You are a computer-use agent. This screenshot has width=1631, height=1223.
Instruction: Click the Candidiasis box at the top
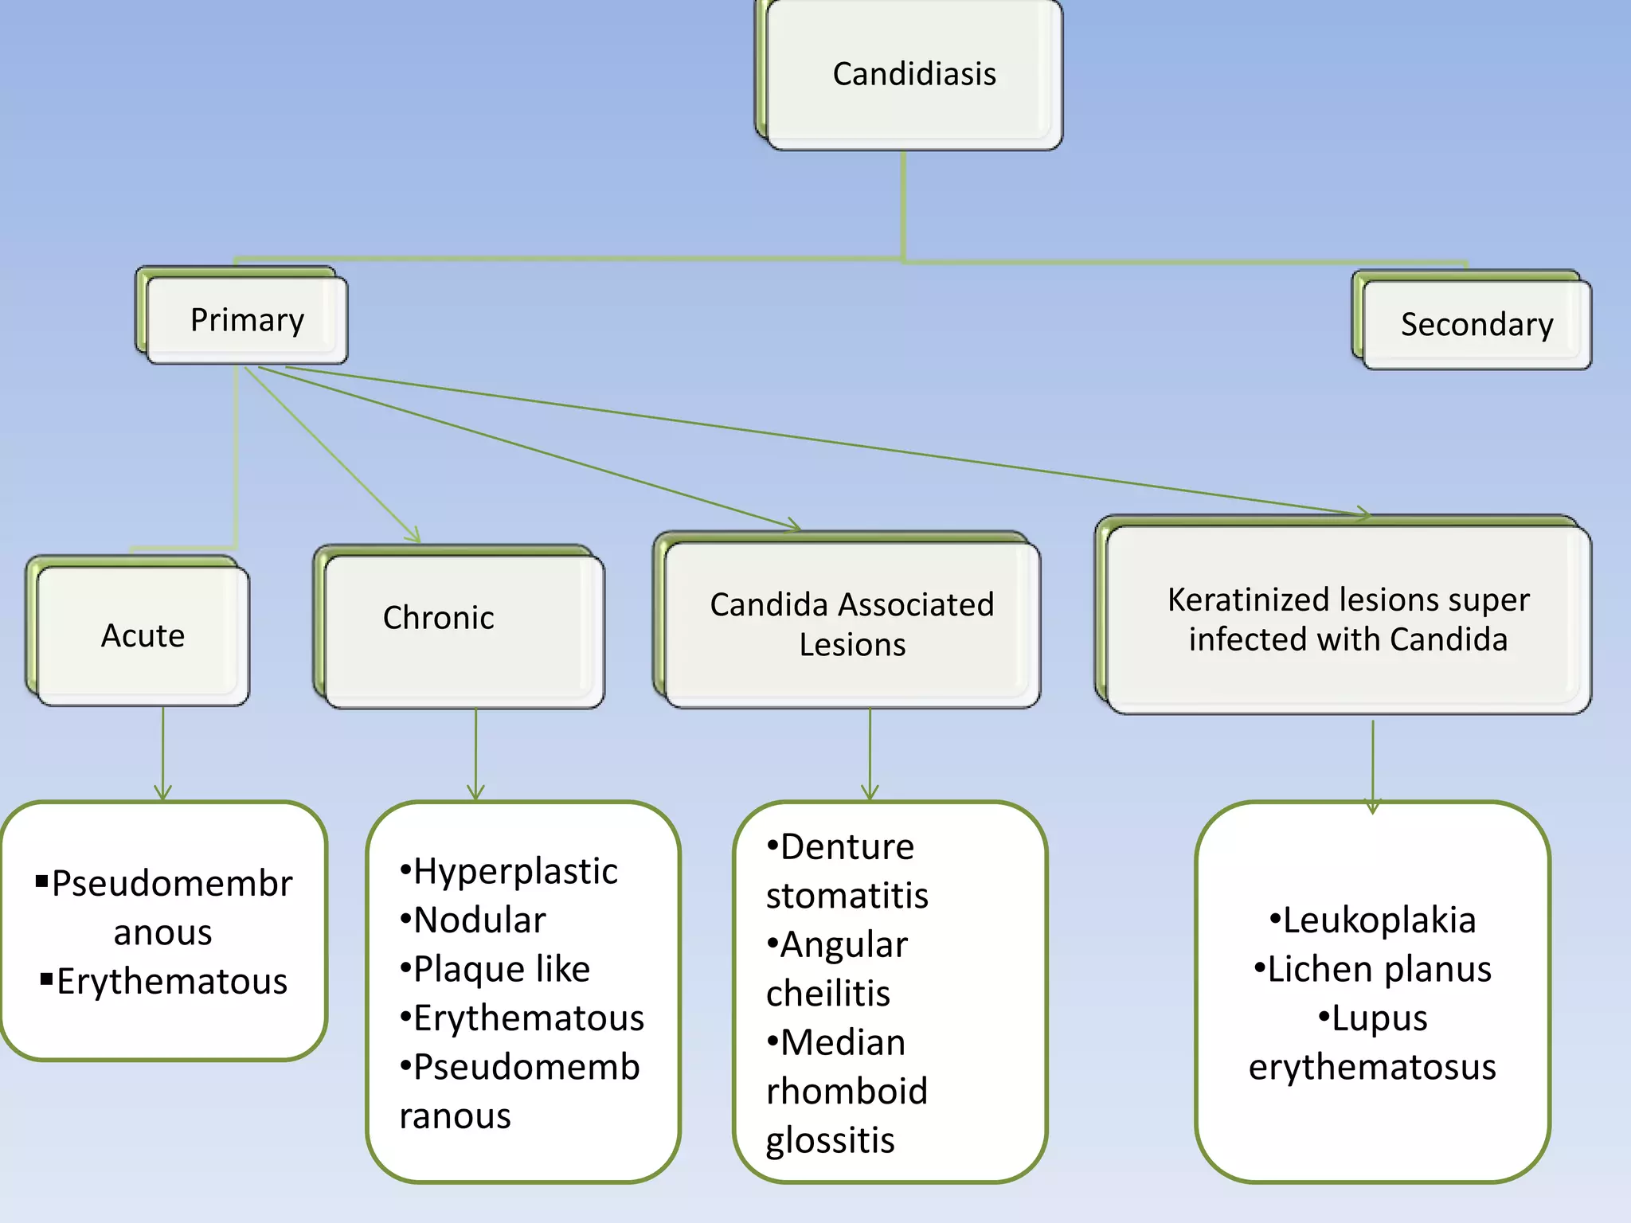[913, 74]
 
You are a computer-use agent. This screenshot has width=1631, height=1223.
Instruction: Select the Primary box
[247, 320]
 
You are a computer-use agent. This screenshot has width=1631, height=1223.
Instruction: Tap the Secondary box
[1477, 324]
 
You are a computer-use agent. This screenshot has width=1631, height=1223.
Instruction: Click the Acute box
[143, 635]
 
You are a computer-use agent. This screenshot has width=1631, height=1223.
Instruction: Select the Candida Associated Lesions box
[852, 624]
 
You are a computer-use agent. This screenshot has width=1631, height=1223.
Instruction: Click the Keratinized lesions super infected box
[1347, 619]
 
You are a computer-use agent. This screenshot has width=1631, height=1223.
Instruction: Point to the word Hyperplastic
[515, 871]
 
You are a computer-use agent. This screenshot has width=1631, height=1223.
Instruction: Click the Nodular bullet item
[479, 920]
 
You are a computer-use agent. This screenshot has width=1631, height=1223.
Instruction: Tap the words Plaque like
[502, 969]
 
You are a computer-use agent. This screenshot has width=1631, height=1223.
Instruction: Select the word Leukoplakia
[1379, 920]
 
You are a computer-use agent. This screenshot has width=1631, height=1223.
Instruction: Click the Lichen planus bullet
[1379, 969]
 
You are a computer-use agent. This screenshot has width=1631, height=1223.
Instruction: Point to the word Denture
[847, 846]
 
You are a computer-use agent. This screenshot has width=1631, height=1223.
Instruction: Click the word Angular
[843, 945]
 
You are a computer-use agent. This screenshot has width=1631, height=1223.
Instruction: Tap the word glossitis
[830, 1140]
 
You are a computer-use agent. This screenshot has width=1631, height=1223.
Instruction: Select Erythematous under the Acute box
[171, 981]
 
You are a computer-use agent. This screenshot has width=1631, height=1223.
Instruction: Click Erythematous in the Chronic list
[528, 1018]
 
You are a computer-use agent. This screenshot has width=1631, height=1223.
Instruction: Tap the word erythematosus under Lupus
[1372, 1067]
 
